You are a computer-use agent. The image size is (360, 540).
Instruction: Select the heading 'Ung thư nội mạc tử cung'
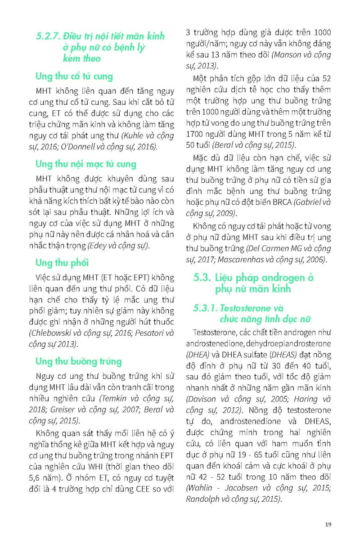tap(85, 164)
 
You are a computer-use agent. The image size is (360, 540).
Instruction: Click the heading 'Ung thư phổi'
tap(62, 262)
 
